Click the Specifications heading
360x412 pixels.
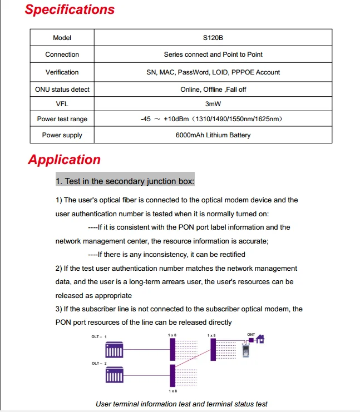tap(70, 10)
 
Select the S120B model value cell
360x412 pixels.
tap(213, 38)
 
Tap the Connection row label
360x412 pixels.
tap(62, 54)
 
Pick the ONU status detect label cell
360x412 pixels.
tap(62, 90)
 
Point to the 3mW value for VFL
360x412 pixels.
tap(213, 103)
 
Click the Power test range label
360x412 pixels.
tap(62, 119)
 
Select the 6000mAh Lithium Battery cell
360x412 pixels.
tap(213, 135)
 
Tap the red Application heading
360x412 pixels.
tap(65, 160)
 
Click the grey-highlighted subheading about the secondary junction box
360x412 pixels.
tap(125, 181)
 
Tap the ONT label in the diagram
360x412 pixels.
tap(251, 335)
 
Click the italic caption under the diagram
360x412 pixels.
tap(181, 404)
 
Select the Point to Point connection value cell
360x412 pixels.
tap(213, 54)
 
